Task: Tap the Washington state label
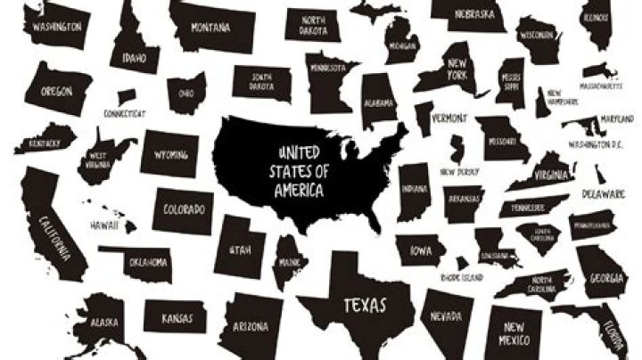pos(57,27)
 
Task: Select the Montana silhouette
pos(210,27)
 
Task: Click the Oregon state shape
pos(56,91)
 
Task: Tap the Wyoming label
pos(170,154)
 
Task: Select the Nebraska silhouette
pos(468,14)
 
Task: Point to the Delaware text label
pos(604,193)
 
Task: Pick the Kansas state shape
pos(177,317)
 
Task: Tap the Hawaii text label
pos(103,226)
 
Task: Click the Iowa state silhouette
pos(421,251)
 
